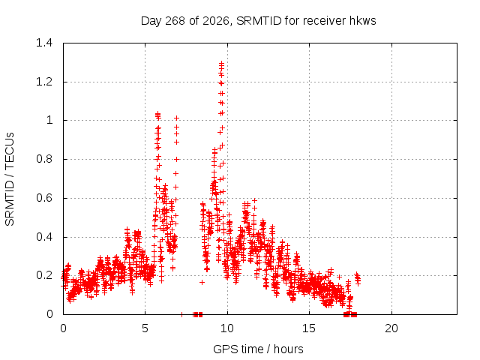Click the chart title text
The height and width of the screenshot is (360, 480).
pos(258,21)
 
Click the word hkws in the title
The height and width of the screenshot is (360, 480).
pos(362,21)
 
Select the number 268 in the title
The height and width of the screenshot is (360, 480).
pos(175,21)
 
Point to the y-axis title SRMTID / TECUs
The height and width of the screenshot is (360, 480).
pos(10,179)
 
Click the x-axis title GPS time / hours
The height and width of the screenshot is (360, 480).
pos(258,349)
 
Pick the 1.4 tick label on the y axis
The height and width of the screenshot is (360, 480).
pos(44,43)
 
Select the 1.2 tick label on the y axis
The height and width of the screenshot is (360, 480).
pos(44,82)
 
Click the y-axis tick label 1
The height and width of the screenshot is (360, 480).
pos(49,120)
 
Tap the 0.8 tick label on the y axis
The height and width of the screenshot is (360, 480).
pos(44,159)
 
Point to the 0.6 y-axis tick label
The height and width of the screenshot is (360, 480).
pos(44,198)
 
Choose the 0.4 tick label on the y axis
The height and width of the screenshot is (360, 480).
pos(44,237)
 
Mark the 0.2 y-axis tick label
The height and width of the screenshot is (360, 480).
pos(44,275)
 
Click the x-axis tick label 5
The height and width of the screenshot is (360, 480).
pos(145,328)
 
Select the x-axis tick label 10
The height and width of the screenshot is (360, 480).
pos(226,328)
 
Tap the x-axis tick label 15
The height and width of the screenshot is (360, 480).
pos(309,328)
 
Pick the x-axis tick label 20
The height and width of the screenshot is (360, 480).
pos(391,328)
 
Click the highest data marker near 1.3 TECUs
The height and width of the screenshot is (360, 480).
pos(221,63)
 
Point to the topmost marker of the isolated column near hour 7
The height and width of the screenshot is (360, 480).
pos(176,118)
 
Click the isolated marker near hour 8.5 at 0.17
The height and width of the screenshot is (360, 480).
pos(202,282)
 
